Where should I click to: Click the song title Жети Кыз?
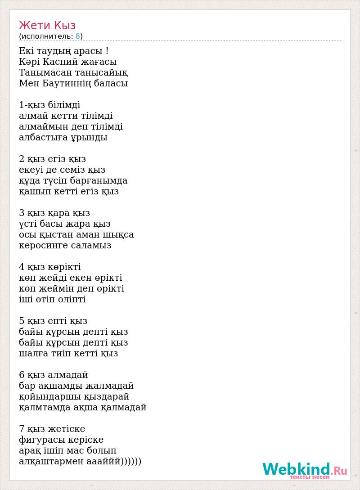[47, 25]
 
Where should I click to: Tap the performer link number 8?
[78, 36]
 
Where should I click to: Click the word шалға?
[33, 354]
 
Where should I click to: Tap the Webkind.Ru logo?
[305, 470]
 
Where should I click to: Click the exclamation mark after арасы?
[106, 51]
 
